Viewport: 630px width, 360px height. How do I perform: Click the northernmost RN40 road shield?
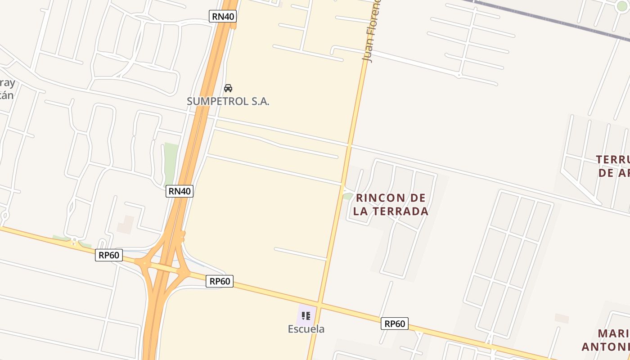(223, 17)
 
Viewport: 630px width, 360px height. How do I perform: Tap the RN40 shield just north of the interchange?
(180, 191)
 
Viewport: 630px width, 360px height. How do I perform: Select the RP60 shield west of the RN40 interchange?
(109, 256)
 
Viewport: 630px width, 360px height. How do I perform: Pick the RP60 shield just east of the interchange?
(220, 282)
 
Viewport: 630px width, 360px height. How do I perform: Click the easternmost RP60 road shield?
(394, 324)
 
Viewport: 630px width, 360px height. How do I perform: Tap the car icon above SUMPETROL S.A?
(228, 88)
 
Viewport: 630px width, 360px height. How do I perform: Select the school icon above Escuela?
(306, 316)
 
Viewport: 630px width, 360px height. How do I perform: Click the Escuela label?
(306, 329)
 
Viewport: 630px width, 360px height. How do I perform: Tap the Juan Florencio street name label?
(371, 31)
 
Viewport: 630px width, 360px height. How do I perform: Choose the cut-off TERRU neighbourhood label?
(612, 160)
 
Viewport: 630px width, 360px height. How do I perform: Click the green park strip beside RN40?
(171, 160)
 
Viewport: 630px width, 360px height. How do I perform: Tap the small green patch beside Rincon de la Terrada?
(347, 196)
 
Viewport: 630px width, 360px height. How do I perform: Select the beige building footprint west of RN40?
(126, 225)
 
